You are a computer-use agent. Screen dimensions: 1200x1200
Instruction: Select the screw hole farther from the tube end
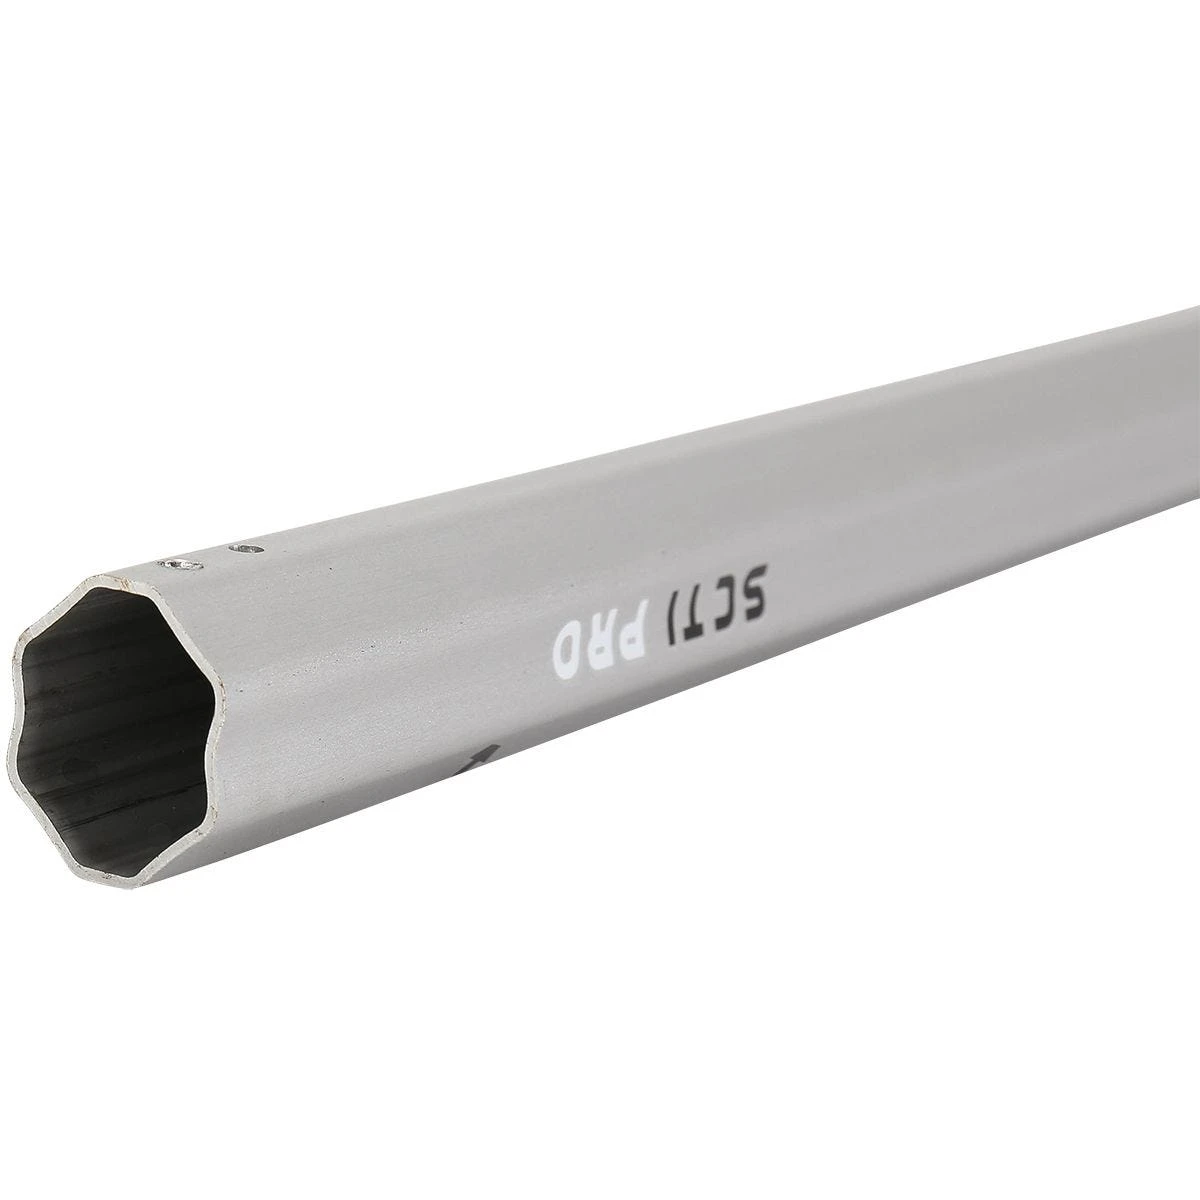[243, 548]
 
